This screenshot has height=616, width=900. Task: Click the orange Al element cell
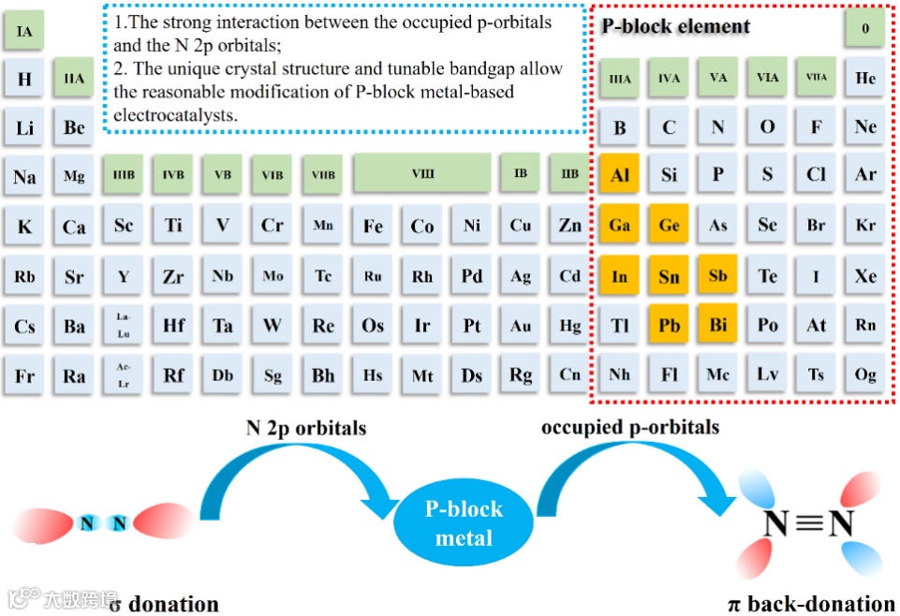[x=620, y=175]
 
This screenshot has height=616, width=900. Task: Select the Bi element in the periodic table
[x=718, y=326]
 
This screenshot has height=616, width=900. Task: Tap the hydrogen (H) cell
[x=24, y=79]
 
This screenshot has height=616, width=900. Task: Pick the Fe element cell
[x=373, y=226]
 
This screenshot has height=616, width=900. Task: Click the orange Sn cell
[x=669, y=276]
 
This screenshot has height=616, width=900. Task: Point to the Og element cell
[x=865, y=374]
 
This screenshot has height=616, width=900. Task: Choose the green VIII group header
[x=422, y=174]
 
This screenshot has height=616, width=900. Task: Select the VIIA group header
[x=817, y=78]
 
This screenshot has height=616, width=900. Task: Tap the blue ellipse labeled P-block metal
[x=464, y=523]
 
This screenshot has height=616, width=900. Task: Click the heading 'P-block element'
[x=675, y=26]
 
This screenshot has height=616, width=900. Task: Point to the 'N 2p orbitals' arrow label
[x=306, y=428]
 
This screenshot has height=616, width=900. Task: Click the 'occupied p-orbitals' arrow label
[x=630, y=427]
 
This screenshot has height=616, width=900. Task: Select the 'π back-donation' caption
[x=811, y=603]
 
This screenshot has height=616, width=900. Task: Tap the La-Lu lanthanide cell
[x=124, y=326]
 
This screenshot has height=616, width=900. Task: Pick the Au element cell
[x=521, y=326]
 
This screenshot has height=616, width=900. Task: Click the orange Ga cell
[x=620, y=226]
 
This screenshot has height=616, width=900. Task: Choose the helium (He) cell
[x=865, y=78]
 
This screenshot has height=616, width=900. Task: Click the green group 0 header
[x=865, y=28]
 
